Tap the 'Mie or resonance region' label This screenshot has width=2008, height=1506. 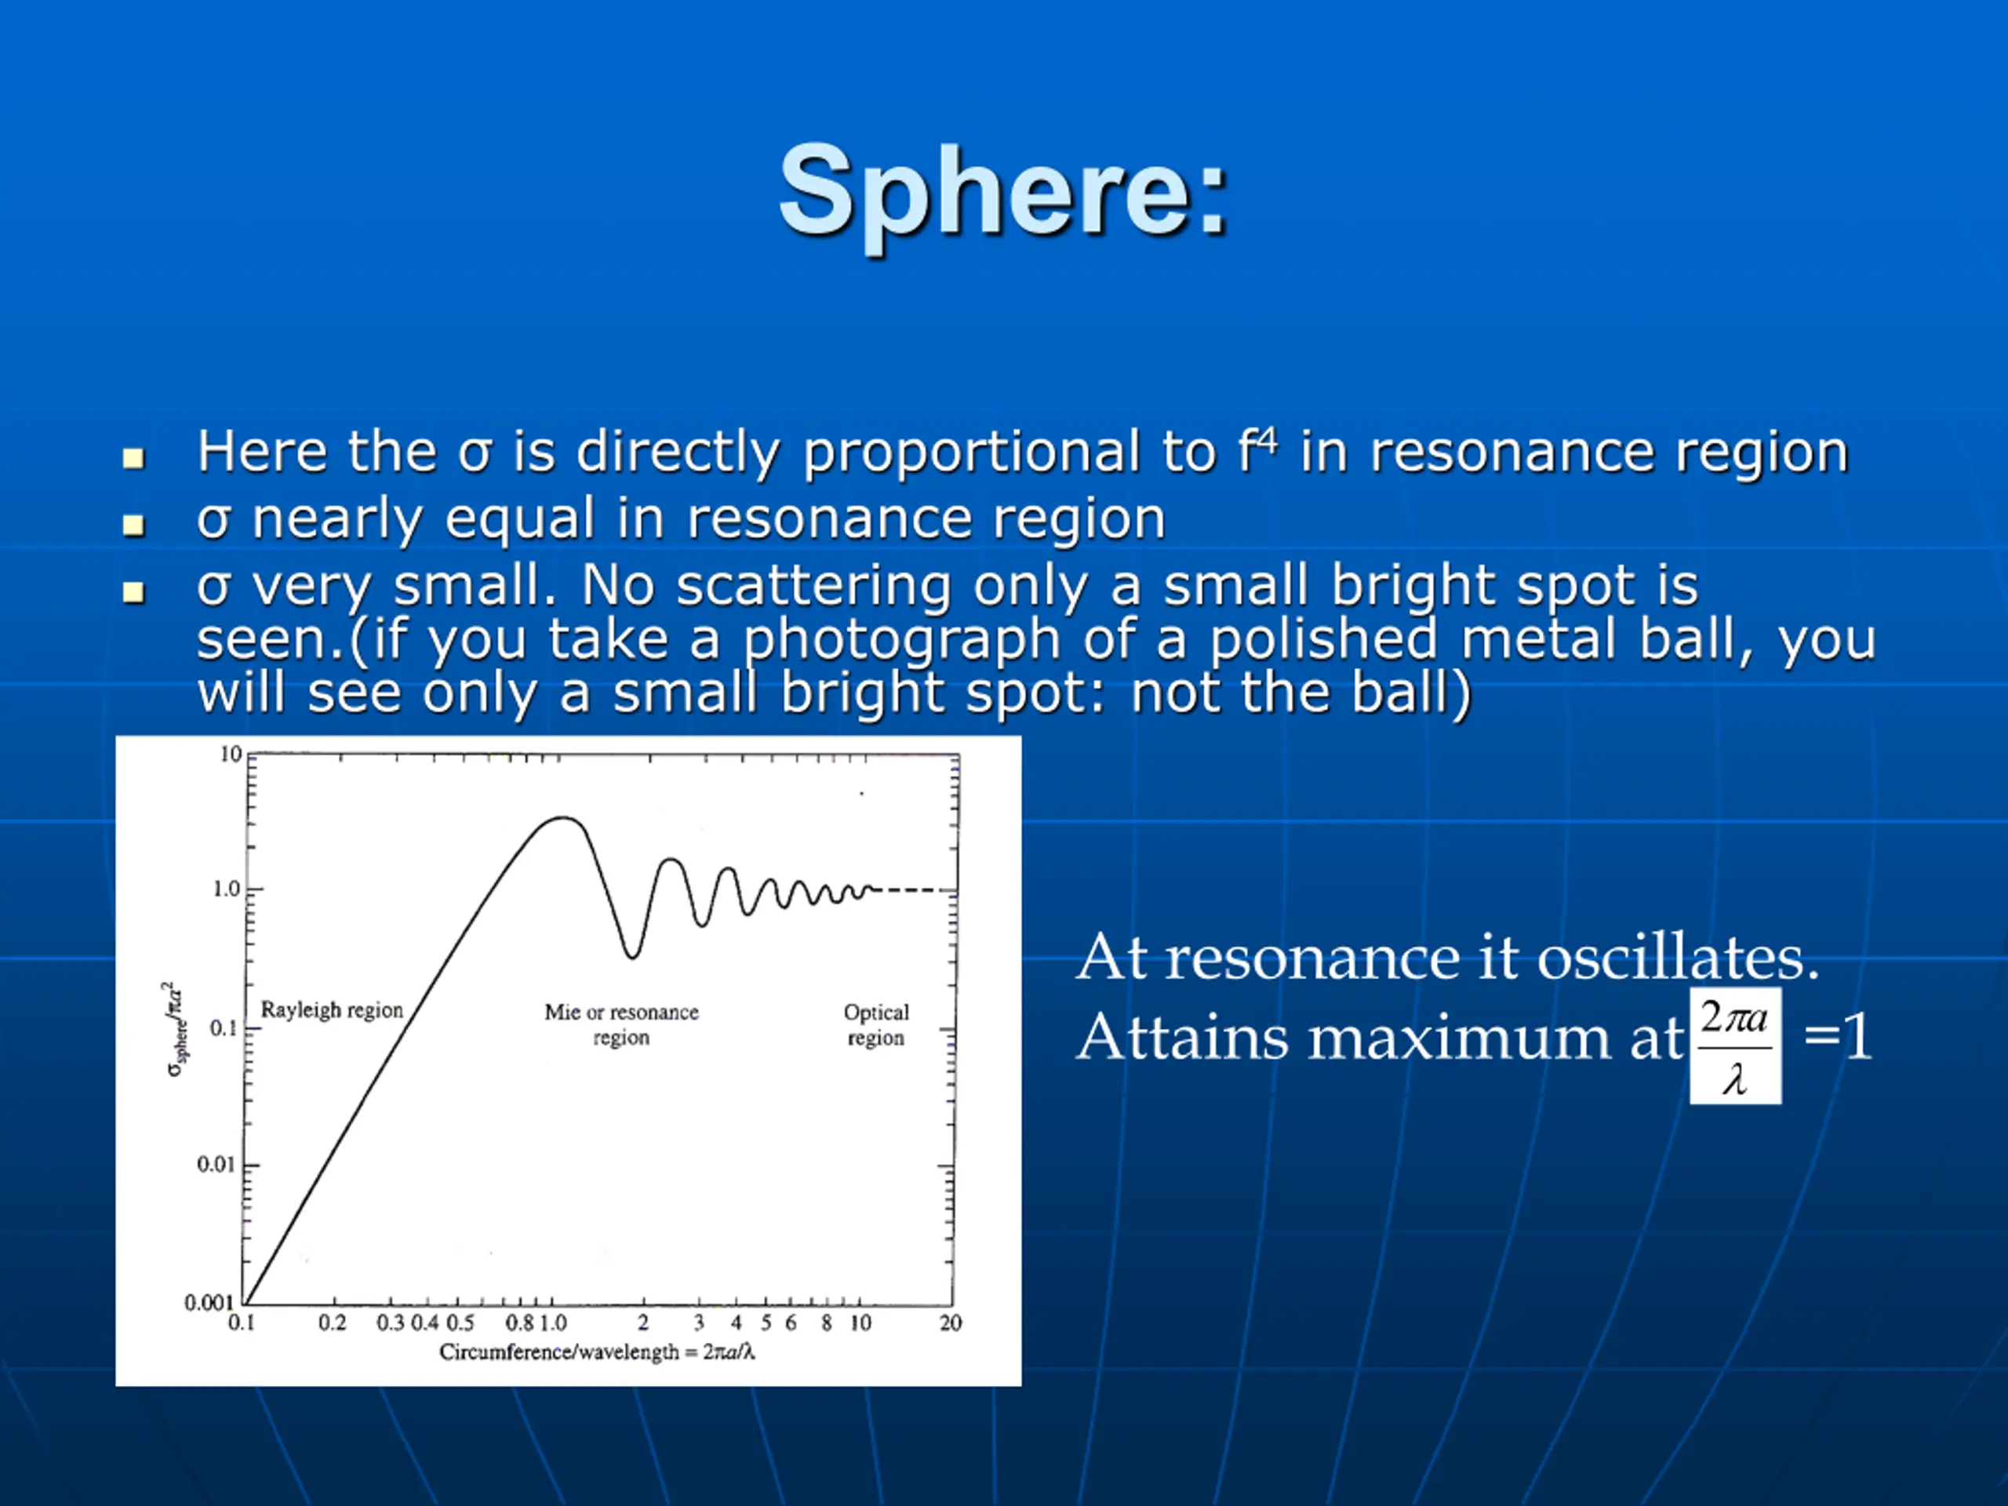(x=622, y=1024)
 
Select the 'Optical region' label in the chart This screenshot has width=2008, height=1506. (x=876, y=1024)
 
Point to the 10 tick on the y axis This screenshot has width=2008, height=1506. (x=231, y=755)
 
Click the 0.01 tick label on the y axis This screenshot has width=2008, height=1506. (x=215, y=1164)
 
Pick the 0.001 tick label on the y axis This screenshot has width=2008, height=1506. (x=209, y=1303)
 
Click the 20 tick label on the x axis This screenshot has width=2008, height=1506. (x=951, y=1322)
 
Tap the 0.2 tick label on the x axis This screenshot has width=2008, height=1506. (x=333, y=1322)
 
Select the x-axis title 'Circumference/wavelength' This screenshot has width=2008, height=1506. (x=559, y=1351)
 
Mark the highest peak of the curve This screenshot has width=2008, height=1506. (x=564, y=818)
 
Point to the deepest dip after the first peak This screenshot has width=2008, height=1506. (x=631, y=956)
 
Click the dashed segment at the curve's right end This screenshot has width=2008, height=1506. (x=911, y=889)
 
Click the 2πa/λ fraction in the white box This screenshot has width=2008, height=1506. (x=1736, y=1046)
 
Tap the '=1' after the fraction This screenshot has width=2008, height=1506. (x=1837, y=1037)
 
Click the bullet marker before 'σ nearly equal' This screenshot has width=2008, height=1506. (x=133, y=525)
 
